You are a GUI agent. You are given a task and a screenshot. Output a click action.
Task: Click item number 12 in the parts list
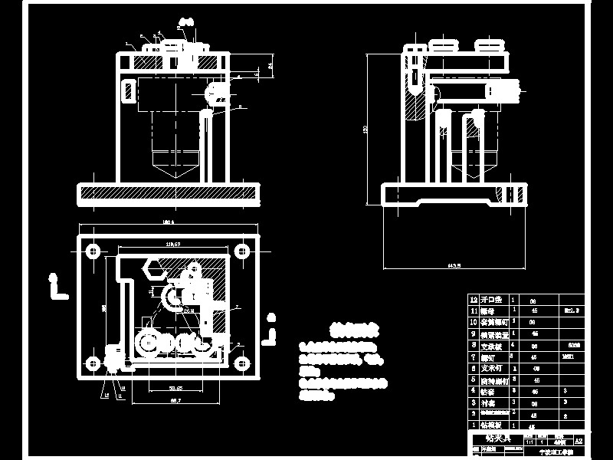(x=474, y=298)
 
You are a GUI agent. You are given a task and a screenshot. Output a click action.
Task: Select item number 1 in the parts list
(x=474, y=424)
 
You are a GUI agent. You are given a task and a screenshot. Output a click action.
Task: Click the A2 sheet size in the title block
(x=579, y=442)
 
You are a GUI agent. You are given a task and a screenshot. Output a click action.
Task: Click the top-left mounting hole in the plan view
(x=93, y=251)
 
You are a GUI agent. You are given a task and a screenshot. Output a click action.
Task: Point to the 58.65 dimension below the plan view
(x=175, y=389)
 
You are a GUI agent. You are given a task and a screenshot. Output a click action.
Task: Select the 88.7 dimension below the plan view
(x=175, y=401)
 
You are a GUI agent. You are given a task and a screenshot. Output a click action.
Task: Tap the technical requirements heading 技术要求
(x=353, y=330)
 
